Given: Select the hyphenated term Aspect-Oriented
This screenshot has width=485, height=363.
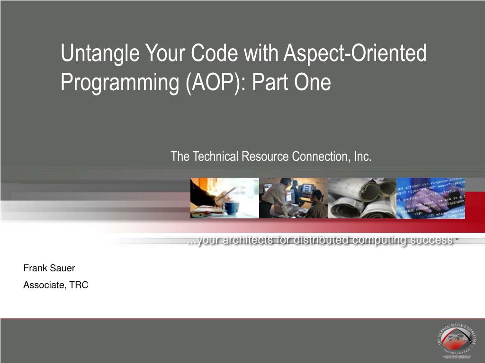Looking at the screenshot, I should click(x=355, y=53).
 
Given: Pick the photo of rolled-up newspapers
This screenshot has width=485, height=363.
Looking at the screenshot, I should click(x=361, y=198).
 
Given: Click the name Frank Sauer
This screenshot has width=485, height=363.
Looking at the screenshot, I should click(x=49, y=268).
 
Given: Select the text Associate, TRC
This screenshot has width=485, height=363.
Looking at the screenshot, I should click(x=56, y=285).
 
